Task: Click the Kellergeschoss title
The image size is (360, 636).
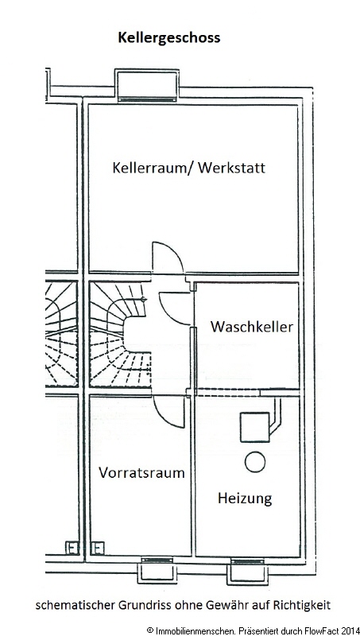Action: [x=169, y=38]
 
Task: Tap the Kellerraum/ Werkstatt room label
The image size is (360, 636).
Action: [x=189, y=168]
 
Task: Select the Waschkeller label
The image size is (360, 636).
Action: [x=251, y=327]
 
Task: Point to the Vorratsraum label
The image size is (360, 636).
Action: [x=141, y=472]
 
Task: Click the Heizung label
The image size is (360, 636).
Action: [x=245, y=498]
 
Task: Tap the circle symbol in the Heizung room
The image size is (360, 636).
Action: [x=255, y=462]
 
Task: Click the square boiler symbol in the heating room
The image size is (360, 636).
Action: [x=255, y=427]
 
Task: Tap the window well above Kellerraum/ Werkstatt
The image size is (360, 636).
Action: [x=147, y=84]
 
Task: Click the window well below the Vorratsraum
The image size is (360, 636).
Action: [x=157, y=571]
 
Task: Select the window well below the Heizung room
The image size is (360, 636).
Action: [x=247, y=571]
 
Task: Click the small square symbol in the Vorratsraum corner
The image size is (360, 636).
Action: [x=97, y=548]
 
